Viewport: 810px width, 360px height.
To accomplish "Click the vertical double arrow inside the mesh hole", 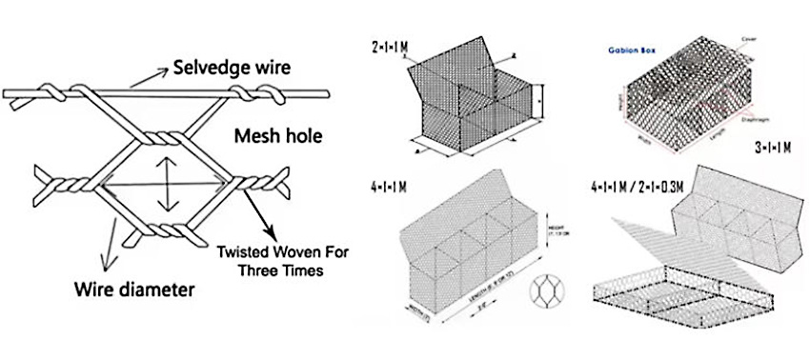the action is (168, 180).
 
